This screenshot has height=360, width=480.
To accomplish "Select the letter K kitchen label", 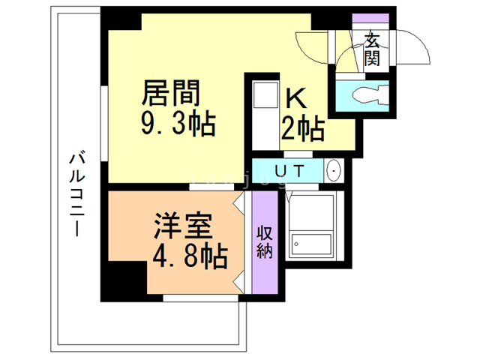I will pyautogui.click(x=293, y=99).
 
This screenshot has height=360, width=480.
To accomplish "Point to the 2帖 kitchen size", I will pyautogui.click(x=302, y=129).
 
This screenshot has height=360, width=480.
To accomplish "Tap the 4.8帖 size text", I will pyautogui.click(x=189, y=256).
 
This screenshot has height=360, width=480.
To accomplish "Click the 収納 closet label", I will pyautogui.click(x=264, y=241).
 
